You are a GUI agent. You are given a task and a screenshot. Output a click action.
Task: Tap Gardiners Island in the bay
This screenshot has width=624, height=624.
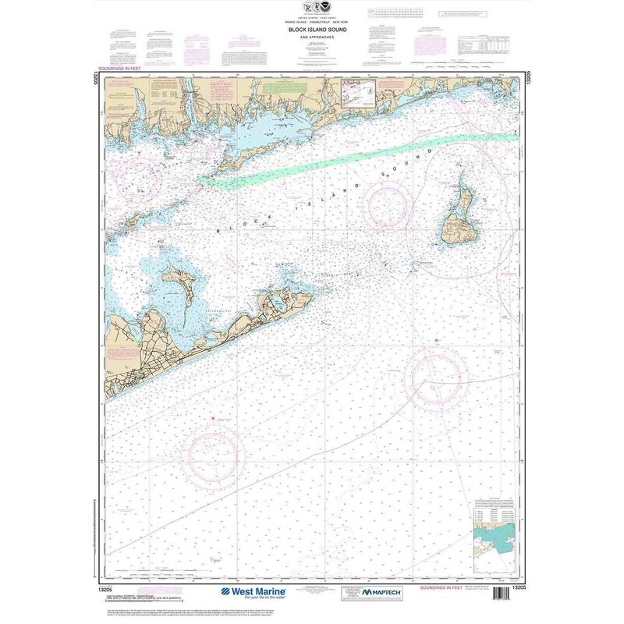click(181, 279)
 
